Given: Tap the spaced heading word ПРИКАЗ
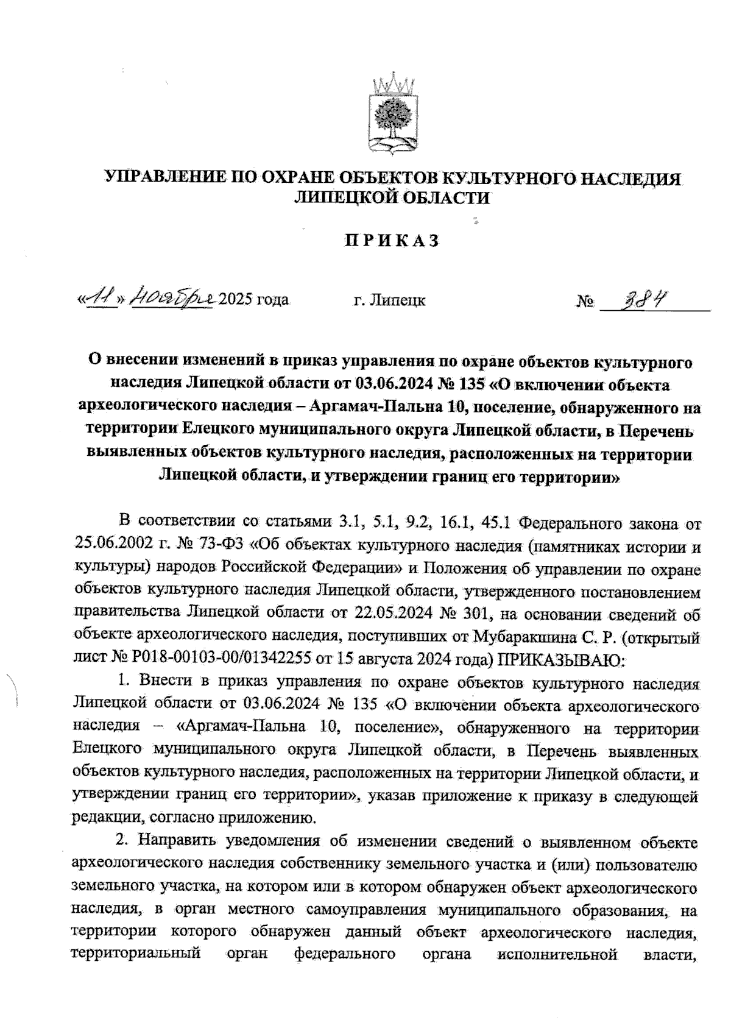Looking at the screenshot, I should point(392,241).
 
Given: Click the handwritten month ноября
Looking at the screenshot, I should point(173,298).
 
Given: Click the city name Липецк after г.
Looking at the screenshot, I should point(398,300).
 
